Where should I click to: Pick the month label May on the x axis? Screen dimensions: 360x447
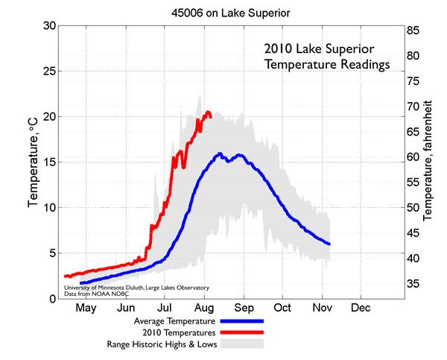87,307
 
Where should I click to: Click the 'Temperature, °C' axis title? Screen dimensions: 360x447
33,162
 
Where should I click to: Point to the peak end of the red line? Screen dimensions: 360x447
209,113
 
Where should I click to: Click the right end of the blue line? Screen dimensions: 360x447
329,244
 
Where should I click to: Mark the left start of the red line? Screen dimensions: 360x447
66,276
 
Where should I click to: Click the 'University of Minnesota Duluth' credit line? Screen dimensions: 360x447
136,287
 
